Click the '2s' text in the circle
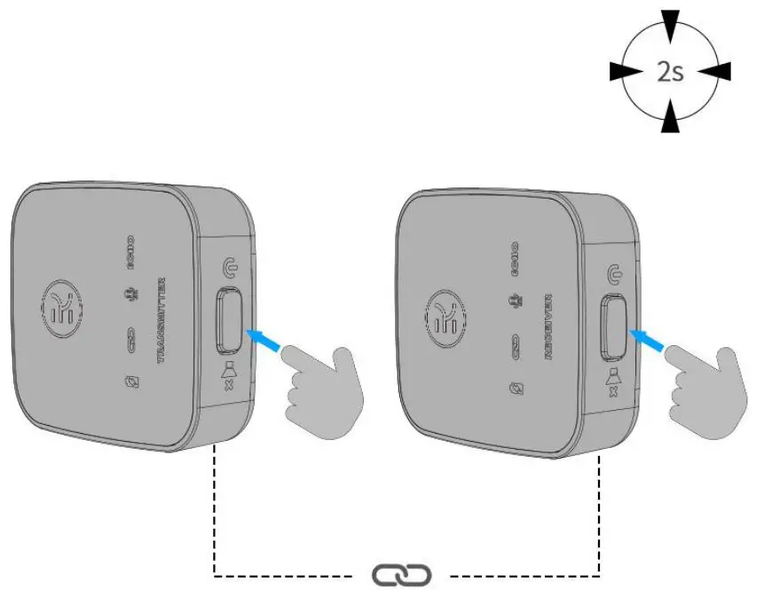[x=671, y=71]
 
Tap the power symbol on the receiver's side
[x=612, y=274]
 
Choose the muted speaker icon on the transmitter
[x=229, y=376]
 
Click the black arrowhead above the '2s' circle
[x=671, y=23]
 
